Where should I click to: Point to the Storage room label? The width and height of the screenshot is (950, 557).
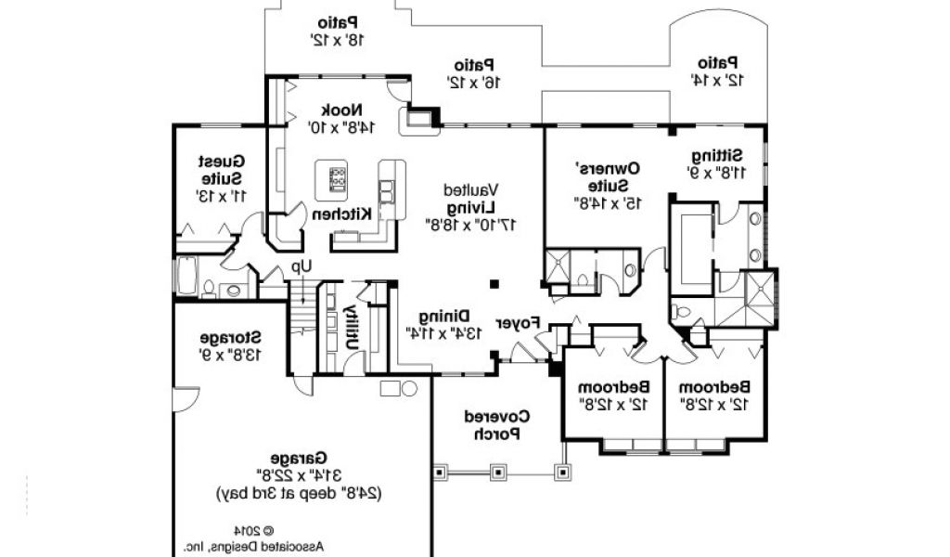[x=229, y=337]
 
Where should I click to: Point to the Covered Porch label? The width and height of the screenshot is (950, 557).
[x=498, y=425]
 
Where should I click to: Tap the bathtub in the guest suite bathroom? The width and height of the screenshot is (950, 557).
[x=183, y=277]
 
